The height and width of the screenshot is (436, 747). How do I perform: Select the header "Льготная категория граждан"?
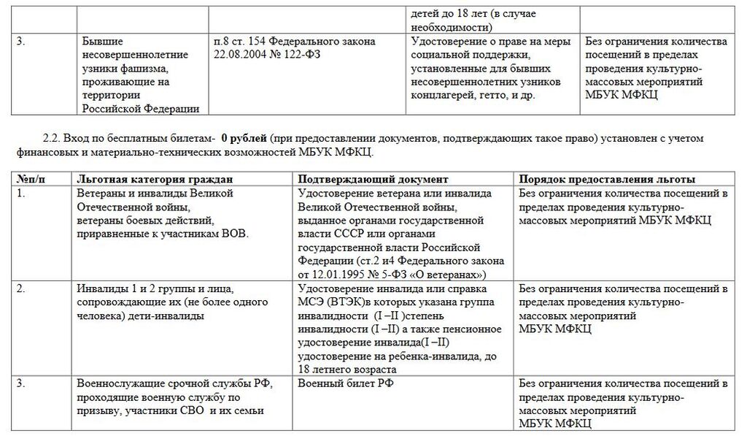155,179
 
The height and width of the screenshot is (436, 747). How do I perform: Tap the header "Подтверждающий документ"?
373,179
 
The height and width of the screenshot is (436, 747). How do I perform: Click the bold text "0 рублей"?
244,138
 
